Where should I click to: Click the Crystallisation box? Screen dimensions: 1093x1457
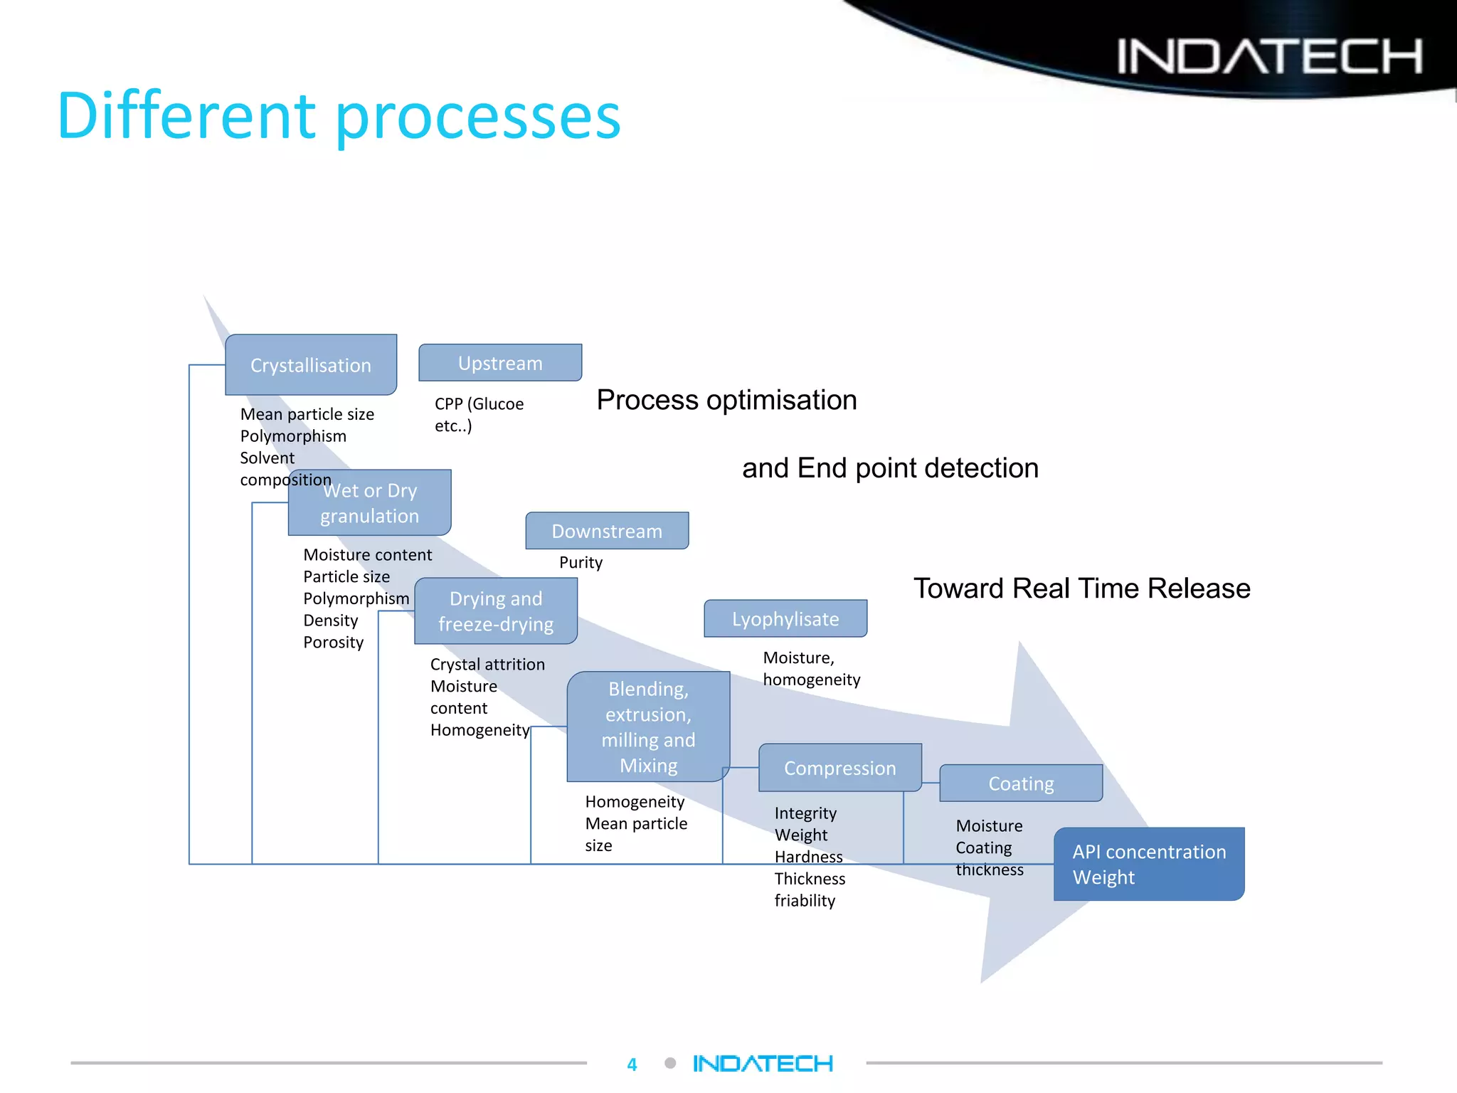pos(311,365)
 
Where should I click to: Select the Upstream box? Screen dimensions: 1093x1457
pos(500,363)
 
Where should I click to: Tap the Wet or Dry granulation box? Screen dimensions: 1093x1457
pos(370,503)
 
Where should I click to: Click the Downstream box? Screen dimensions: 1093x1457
pos(607,531)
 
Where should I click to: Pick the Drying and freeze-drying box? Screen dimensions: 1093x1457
pos(496,611)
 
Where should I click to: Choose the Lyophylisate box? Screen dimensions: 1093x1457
pos(785,619)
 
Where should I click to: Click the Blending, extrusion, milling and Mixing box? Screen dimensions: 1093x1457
pos(648,727)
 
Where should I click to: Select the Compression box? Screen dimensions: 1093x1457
pos(839,768)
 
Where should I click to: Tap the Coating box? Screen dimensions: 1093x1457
pos(1021,783)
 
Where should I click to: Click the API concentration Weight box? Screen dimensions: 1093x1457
pos(1149,864)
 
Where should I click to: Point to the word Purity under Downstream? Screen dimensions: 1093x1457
pos(581,563)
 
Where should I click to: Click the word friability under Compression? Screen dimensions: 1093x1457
pos(805,901)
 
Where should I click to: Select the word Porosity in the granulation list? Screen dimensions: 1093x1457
pos(333,643)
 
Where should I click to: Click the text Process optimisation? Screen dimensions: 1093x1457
pos(726,400)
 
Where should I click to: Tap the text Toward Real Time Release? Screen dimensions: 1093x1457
pos(1081,588)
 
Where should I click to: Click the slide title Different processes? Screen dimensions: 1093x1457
pos(339,116)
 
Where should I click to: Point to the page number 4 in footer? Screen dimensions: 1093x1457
pos(632,1065)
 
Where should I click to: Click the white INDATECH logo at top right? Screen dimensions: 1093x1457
pos(1269,56)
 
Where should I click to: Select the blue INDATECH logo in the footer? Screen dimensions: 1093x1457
pos(763,1064)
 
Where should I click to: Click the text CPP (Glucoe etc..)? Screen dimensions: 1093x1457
pos(478,414)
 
